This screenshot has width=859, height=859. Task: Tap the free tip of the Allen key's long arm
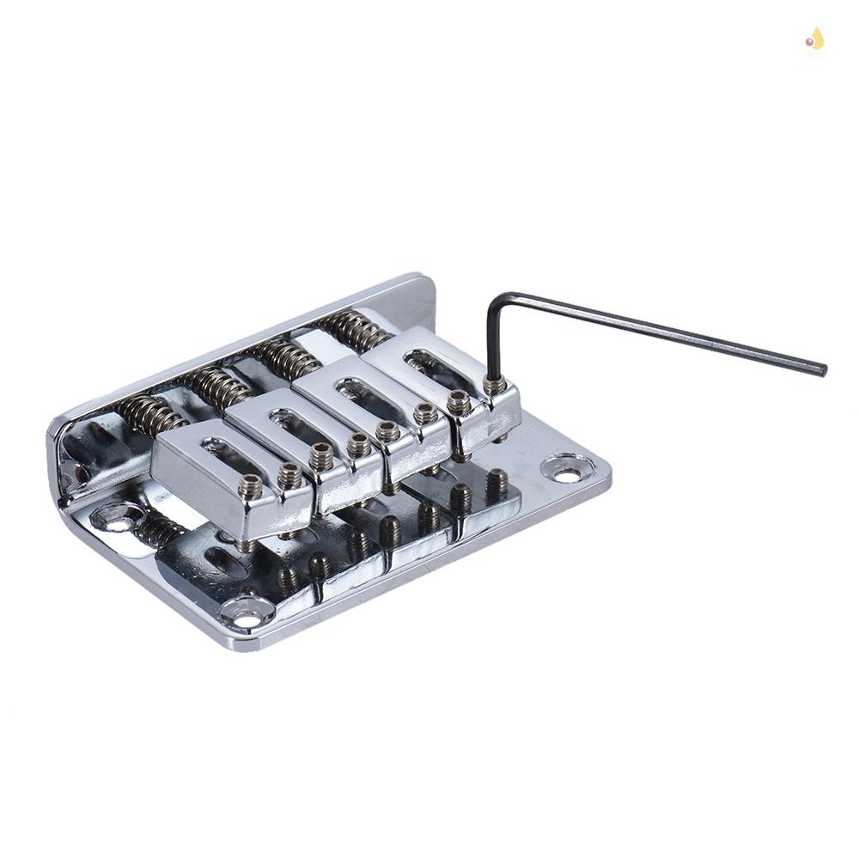822,370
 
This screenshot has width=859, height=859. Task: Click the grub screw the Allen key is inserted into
495,387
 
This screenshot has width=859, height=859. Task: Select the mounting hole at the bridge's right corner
567,469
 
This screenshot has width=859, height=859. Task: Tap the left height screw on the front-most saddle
250,486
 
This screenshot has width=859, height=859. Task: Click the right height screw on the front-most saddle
290,475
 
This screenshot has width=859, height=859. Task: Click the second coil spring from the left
215,386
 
